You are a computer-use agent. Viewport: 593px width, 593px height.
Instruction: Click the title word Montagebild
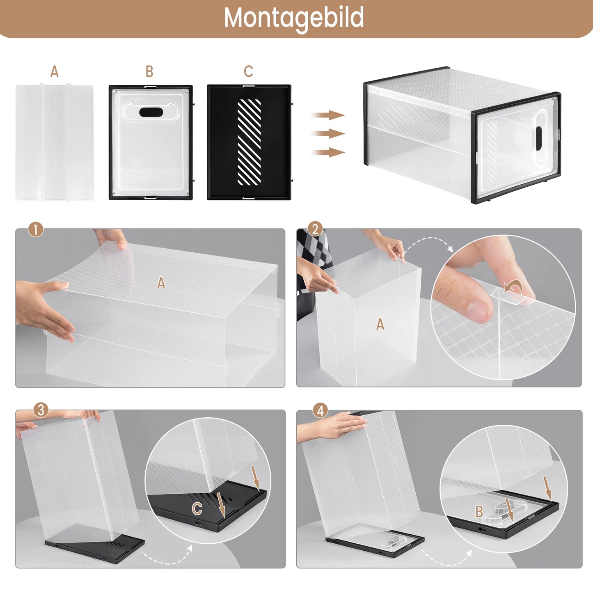[294, 18]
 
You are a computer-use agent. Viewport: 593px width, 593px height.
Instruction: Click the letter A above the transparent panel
[55, 72]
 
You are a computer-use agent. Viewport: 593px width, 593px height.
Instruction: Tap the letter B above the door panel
[149, 72]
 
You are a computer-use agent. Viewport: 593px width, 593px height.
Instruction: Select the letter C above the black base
[248, 71]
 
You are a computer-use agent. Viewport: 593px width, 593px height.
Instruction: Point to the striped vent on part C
[249, 142]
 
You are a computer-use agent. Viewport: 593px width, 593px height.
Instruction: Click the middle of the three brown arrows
[328, 134]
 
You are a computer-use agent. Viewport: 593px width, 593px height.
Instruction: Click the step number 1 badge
[36, 230]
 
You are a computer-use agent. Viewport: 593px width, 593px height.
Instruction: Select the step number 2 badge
[315, 229]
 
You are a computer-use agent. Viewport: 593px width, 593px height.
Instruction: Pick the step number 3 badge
[41, 410]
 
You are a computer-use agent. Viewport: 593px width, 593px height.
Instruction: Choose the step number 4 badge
[321, 410]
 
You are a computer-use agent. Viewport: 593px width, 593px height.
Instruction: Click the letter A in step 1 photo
[161, 283]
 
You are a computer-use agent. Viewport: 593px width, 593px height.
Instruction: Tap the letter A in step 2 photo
[380, 324]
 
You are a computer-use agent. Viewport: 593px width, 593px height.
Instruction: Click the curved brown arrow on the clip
[512, 287]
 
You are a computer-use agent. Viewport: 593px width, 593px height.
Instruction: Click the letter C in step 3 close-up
[197, 509]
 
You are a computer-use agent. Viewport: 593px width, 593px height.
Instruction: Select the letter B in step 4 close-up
[479, 512]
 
